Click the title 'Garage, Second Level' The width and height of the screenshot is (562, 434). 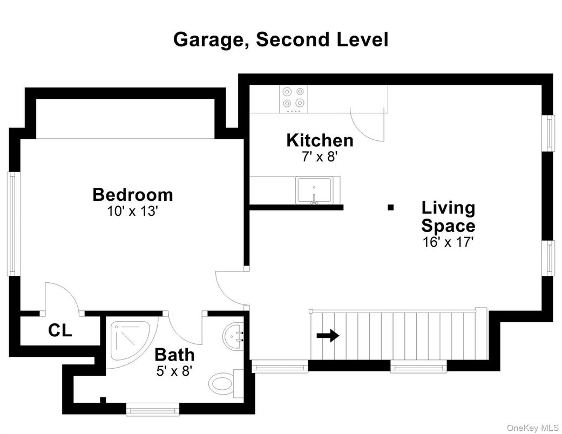[x=280, y=40]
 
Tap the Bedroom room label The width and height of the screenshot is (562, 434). [x=133, y=194]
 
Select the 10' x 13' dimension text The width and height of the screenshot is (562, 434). [x=132, y=211]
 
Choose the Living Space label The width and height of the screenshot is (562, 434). [x=448, y=216]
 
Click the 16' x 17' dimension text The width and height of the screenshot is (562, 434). [x=448, y=242]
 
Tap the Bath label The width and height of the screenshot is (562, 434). [x=174, y=355]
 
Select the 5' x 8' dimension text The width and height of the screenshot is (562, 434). [x=174, y=371]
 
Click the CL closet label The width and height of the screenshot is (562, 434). [x=60, y=330]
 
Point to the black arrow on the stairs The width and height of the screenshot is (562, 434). [x=328, y=336]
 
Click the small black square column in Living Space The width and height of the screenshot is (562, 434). [x=390, y=207]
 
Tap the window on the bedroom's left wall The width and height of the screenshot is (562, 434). [x=11, y=223]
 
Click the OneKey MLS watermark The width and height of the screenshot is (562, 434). [x=532, y=428]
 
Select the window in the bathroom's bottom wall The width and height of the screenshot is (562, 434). [x=152, y=410]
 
